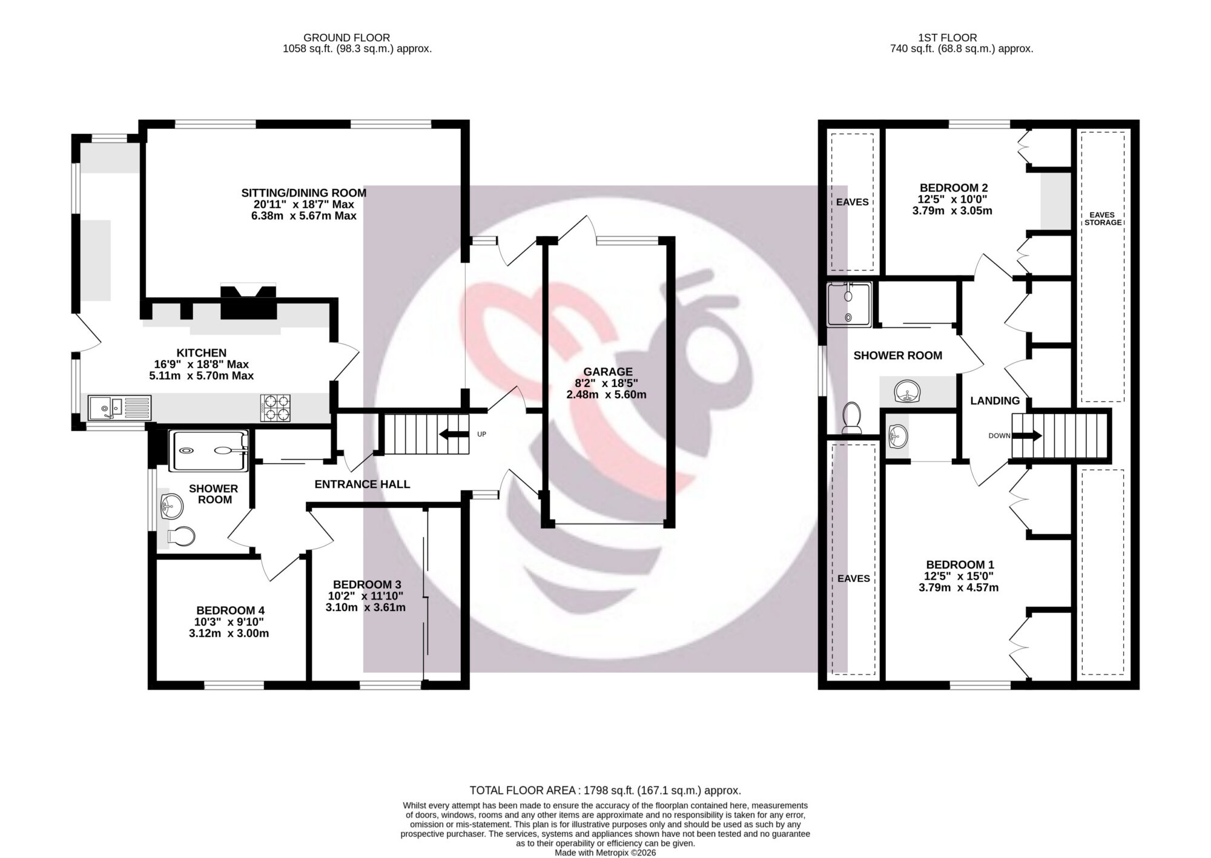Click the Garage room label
pyautogui.click(x=608, y=372)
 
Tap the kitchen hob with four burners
pyautogui.click(x=276, y=408)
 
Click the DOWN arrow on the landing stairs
pyautogui.click(x=1027, y=435)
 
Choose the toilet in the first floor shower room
pyautogui.click(x=852, y=418)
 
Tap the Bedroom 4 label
pyautogui.click(x=230, y=610)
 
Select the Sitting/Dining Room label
pyautogui.click(x=304, y=193)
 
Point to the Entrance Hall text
pyautogui.click(x=362, y=484)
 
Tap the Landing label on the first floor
pyautogui.click(x=995, y=401)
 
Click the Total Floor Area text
pyautogui.click(x=605, y=790)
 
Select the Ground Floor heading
pyautogui.click(x=347, y=38)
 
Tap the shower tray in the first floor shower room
pyautogui.click(x=849, y=305)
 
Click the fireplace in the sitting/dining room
pyautogui.click(x=248, y=302)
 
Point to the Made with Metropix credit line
pyautogui.click(x=605, y=853)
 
